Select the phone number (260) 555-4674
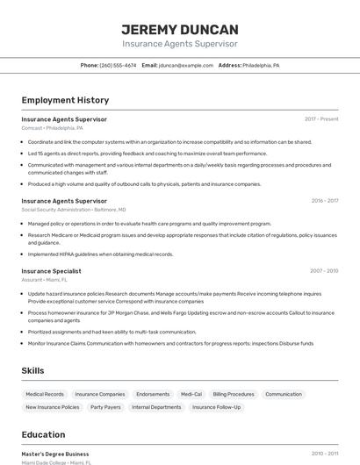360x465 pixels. [x=118, y=65]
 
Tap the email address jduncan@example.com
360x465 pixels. [x=186, y=65]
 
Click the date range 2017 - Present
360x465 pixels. [x=321, y=119]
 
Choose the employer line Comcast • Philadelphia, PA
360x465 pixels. [x=53, y=128]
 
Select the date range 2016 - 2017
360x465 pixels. [x=325, y=201]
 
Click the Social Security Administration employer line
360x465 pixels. [x=73, y=210]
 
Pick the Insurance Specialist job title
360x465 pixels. [x=51, y=271]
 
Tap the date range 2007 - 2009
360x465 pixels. [x=325, y=271]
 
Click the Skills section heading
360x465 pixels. [x=32, y=371]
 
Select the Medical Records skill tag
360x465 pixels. [x=45, y=395]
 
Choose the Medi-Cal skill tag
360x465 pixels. [x=191, y=395]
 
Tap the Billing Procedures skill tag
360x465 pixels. [x=234, y=395]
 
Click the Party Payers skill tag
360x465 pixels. [x=105, y=407]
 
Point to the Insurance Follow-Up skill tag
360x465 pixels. [x=216, y=407]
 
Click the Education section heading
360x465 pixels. [x=43, y=434]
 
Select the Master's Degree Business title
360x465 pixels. [x=55, y=454]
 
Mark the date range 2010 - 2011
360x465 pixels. [x=325, y=454]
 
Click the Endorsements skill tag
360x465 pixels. [x=153, y=395]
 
